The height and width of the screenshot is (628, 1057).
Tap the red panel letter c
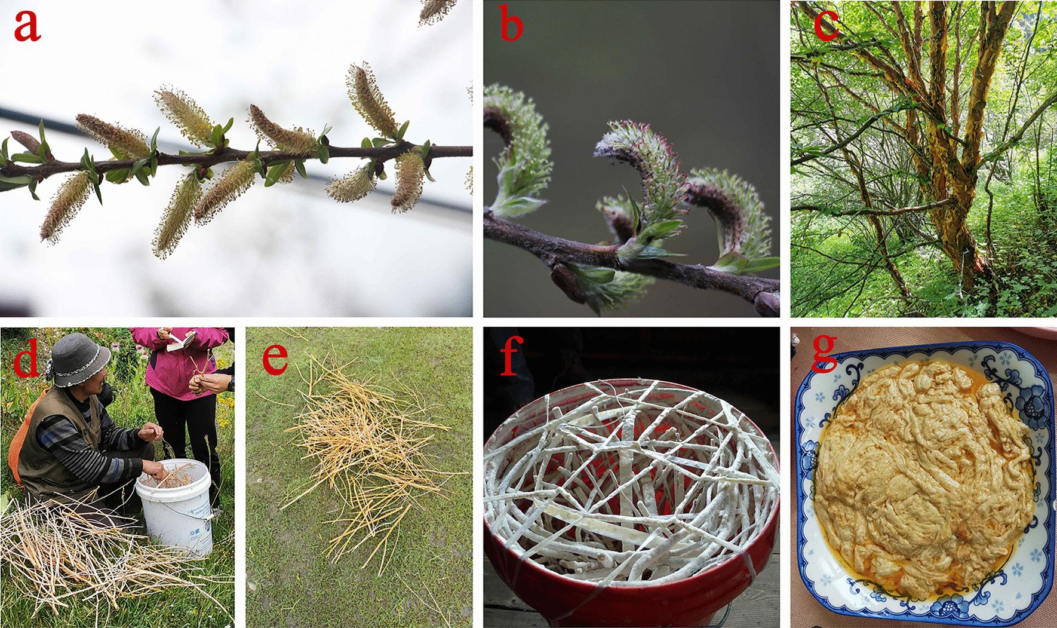pyautogui.click(x=825, y=26)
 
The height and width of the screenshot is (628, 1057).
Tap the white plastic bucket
pyautogui.click(x=176, y=507)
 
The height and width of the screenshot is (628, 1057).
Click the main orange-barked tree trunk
pyautogui.click(x=932, y=179)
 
